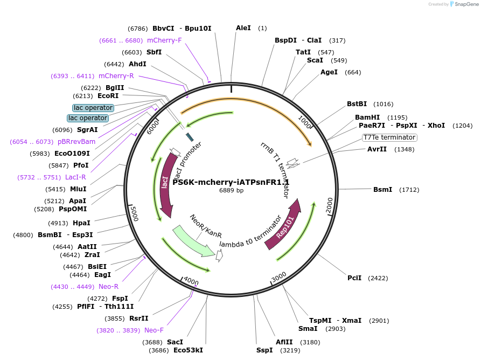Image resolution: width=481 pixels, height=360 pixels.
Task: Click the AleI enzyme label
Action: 243,28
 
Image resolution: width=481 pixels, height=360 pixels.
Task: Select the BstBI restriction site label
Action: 357,104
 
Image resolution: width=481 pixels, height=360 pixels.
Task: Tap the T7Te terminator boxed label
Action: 389,137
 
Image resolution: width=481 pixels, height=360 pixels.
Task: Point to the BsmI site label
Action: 383,190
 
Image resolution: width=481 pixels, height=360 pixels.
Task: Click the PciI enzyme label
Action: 354,278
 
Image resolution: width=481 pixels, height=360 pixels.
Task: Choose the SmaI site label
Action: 308,329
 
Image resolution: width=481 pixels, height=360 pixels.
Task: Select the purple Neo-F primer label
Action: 154,330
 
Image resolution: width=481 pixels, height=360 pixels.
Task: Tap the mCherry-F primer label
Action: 164,40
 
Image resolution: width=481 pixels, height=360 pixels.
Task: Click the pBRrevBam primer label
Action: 76,142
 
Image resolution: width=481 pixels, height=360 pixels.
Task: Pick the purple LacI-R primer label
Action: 75,177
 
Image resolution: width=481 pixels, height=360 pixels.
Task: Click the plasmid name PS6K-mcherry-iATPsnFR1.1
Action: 231,182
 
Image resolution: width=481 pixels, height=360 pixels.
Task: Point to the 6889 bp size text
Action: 231,190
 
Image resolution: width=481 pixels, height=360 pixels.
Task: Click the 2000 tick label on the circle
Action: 330,204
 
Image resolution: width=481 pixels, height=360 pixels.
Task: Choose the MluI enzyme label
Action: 78,189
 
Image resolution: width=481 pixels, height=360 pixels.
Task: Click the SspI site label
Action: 264,350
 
